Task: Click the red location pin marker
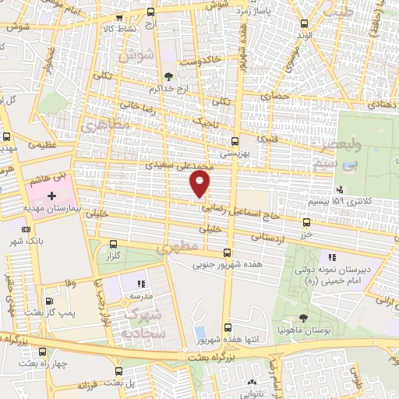pos(201,184)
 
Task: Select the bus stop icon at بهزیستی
pos(235,141)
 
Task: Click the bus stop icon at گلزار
pos(114,243)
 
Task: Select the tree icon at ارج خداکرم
pos(168,76)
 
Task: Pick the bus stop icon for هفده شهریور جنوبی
pos(227,252)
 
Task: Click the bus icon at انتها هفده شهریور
pos(227,327)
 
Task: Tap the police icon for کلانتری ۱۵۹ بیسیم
pos(340,189)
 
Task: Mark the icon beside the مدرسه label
pos(141,284)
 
